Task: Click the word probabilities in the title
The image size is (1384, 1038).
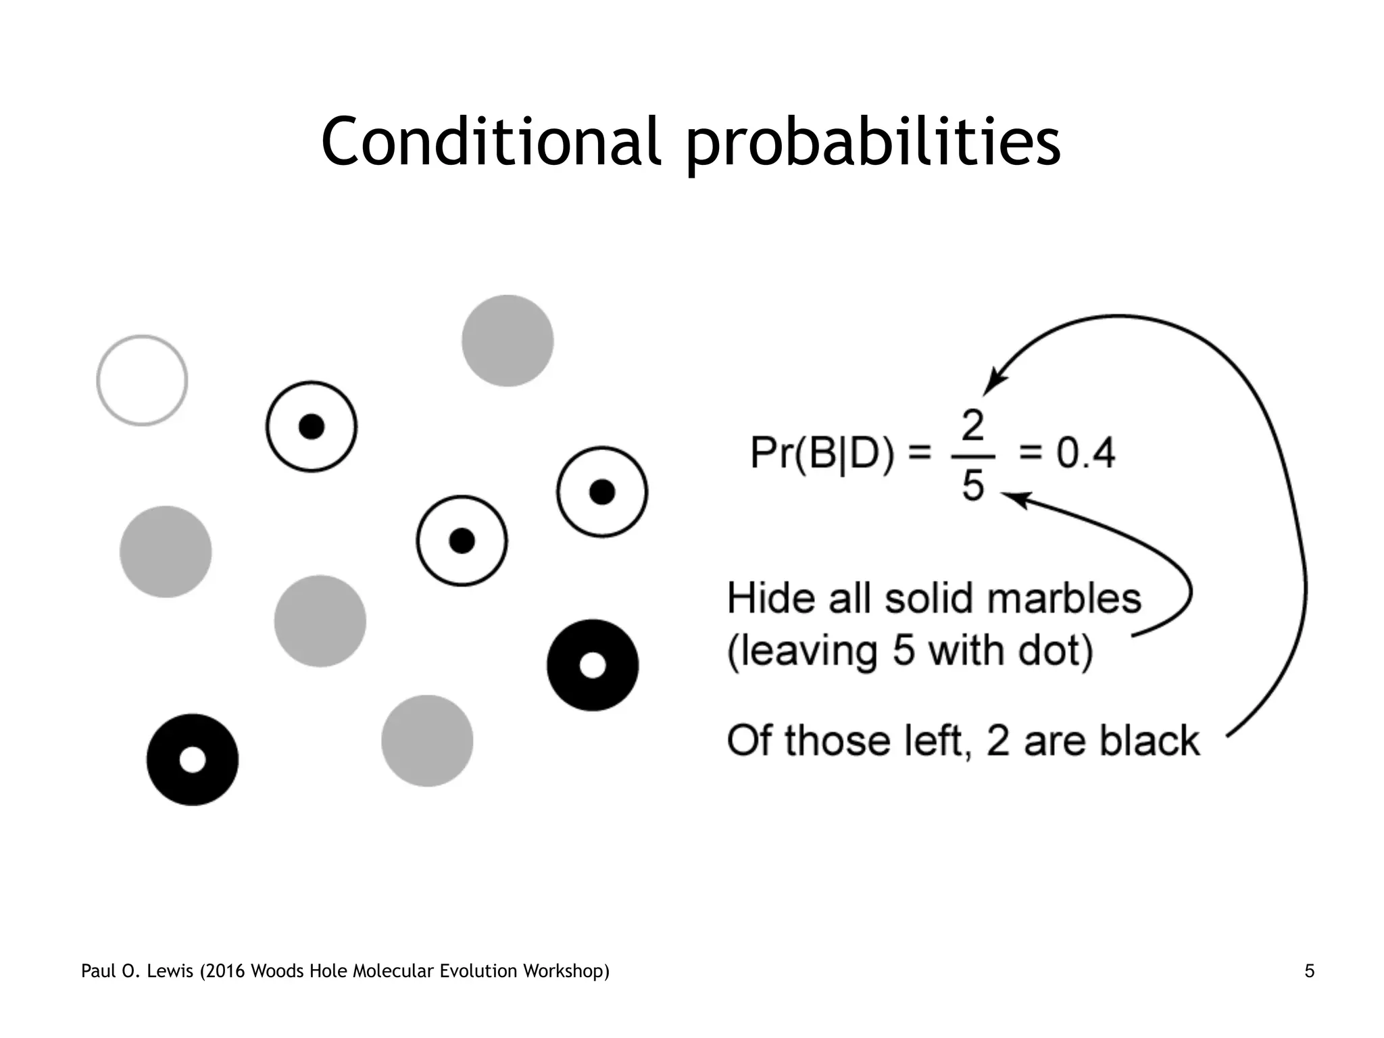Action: click(873, 144)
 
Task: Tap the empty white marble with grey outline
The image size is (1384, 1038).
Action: click(142, 380)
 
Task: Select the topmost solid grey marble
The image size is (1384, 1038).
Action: click(508, 341)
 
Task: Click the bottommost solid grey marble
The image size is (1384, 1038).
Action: click(427, 741)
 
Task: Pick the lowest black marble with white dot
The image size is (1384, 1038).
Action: click(193, 760)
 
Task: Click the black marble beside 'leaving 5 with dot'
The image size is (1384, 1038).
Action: click(593, 665)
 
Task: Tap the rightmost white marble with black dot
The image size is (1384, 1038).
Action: click(602, 492)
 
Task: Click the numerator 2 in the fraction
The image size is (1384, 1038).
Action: click(972, 426)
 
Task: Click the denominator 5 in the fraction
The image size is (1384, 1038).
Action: click(972, 485)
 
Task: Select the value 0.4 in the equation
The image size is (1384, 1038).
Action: click(1085, 453)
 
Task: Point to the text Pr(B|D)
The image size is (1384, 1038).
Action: click(822, 453)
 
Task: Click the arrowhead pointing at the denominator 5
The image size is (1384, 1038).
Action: click(1012, 499)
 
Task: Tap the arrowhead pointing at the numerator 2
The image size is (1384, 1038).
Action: click(993, 384)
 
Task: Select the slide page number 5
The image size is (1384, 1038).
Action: click(1309, 971)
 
